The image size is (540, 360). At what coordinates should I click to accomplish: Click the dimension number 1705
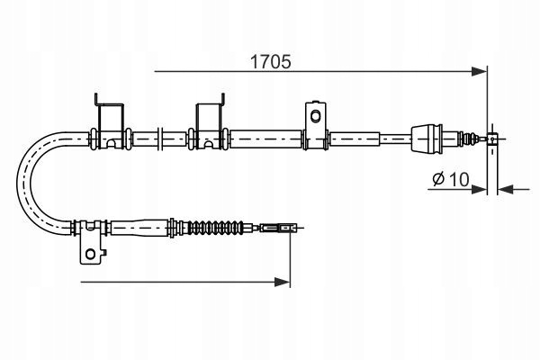(x=270, y=62)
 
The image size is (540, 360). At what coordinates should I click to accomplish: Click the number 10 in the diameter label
(x=459, y=179)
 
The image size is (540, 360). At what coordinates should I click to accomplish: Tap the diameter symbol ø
(x=439, y=179)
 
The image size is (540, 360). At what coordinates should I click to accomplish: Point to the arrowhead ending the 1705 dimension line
(x=480, y=72)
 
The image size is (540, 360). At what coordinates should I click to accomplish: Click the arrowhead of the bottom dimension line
(x=283, y=282)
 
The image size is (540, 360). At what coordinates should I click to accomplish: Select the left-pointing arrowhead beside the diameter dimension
(x=505, y=189)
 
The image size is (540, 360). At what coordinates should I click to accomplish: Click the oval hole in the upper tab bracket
(x=315, y=116)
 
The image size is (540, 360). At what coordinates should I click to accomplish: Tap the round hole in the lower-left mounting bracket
(x=90, y=254)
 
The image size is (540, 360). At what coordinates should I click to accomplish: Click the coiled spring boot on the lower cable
(x=214, y=228)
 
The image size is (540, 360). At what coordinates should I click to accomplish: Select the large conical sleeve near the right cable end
(x=427, y=139)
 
